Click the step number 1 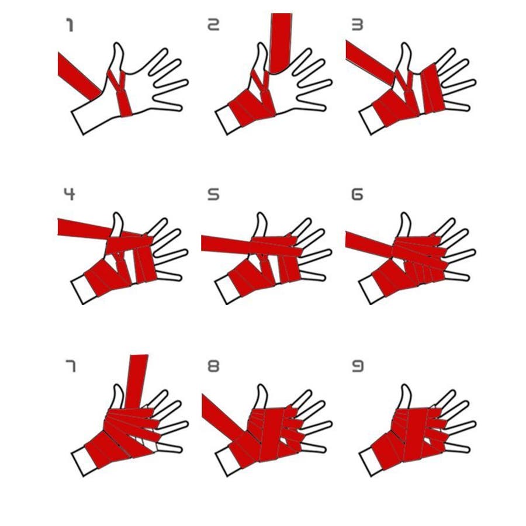click(x=70, y=25)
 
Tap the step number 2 click(x=213, y=25)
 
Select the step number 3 click(x=357, y=25)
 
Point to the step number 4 click(x=69, y=194)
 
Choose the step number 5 click(x=213, y=195)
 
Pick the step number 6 click(x=357, y=195)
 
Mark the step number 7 click(x=71, y=366)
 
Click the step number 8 click(x=213, y=366)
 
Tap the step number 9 click(x=358, y=366)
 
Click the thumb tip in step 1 click(x=117, y=44)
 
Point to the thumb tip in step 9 click(x=405, y=386)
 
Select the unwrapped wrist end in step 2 click(x=228, y=120)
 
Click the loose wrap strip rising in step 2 click(x=280, y=43)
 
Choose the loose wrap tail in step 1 click(x=79, y=76)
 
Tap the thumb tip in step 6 click(x=405, y=214)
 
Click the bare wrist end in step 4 click(x=84, y=290)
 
